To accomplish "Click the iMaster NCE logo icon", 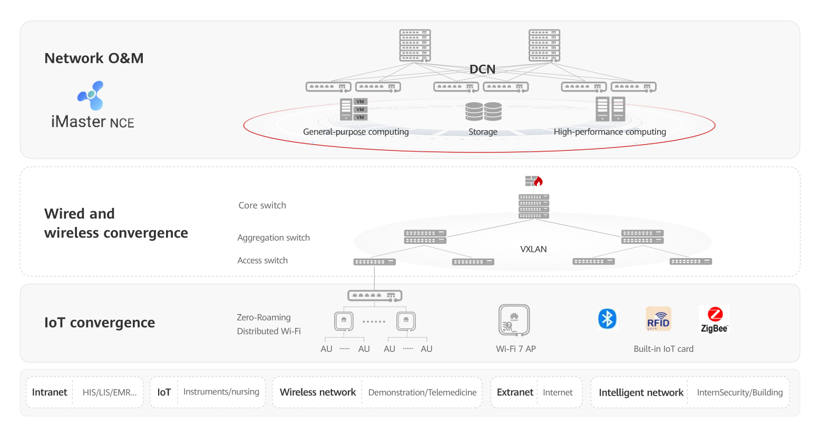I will tap(91, 95).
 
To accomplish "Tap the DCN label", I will tap(482, 69).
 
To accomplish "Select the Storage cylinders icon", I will tap(483, 112).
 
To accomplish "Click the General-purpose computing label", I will tap(356, 132).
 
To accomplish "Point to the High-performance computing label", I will tap(610, 132).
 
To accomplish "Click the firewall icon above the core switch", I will tap(534, 181).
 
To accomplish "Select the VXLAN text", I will tap(533, 249).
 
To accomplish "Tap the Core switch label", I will tap(262, 205).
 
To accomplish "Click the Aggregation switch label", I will tap(274, 238).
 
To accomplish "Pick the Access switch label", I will tap(262, 260).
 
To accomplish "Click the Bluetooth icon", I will tap(607, 319).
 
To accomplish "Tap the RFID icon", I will tap(658, 319).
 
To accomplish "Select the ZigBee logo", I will tap(714, 320).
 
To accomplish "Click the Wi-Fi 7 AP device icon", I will tap(514, 320).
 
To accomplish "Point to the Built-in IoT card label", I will tap(663, 349).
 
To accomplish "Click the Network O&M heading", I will tap(94, 58).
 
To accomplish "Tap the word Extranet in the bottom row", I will tap(515, 392).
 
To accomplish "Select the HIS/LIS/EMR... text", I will tap(110, 392).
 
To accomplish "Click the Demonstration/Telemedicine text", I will tap(422, 392).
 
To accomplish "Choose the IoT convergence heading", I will tap(100, 322).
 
